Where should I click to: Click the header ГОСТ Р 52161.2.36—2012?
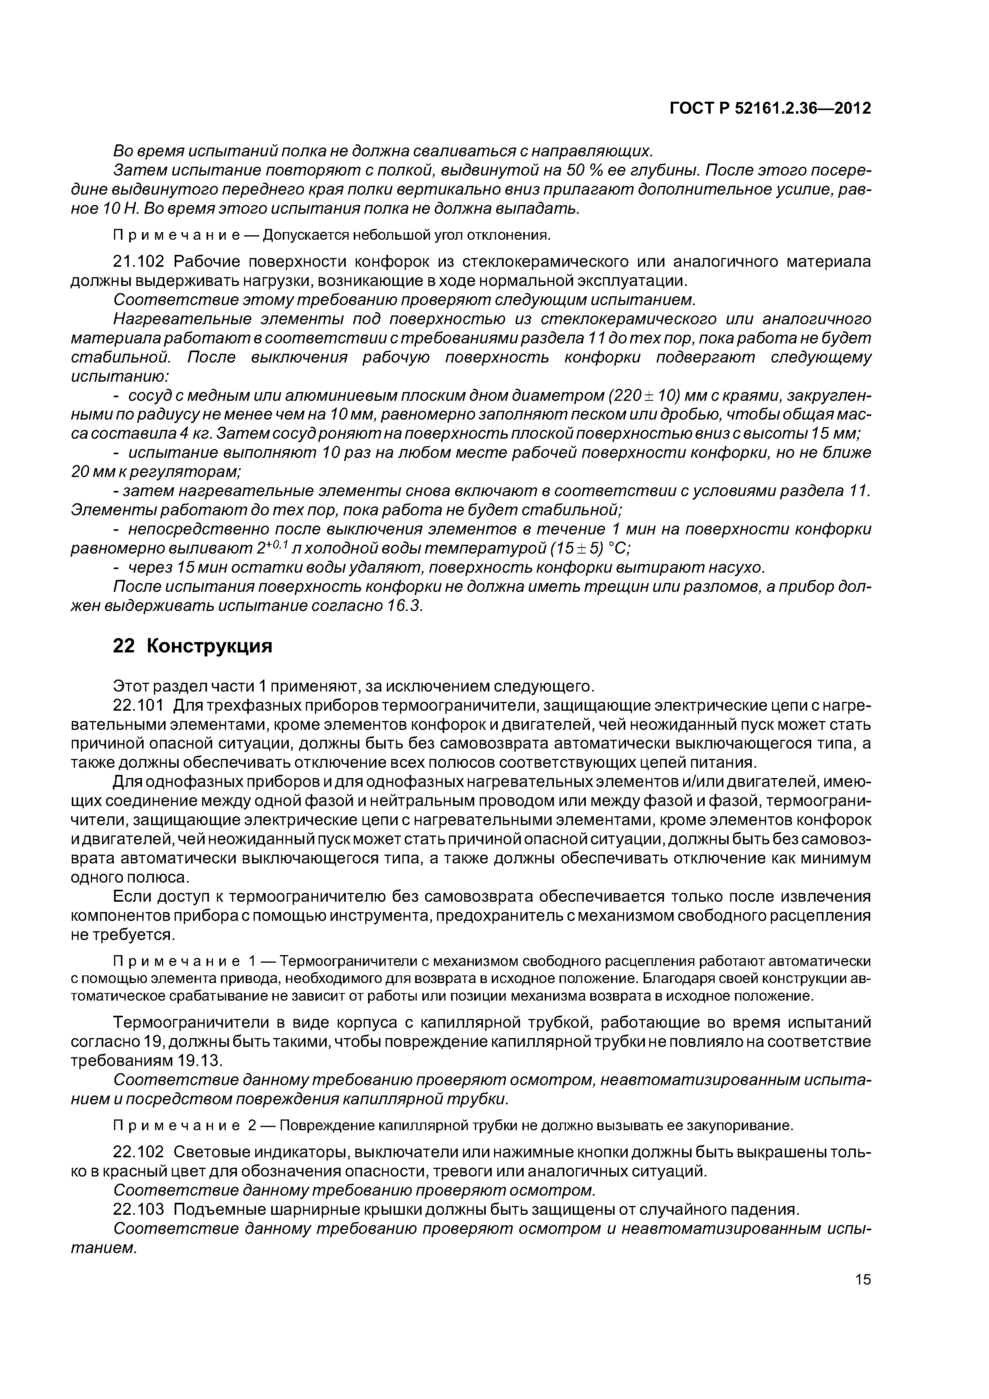770,108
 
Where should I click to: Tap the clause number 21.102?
139,262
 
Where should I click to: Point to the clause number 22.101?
139,705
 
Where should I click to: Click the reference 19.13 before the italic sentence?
197,1060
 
